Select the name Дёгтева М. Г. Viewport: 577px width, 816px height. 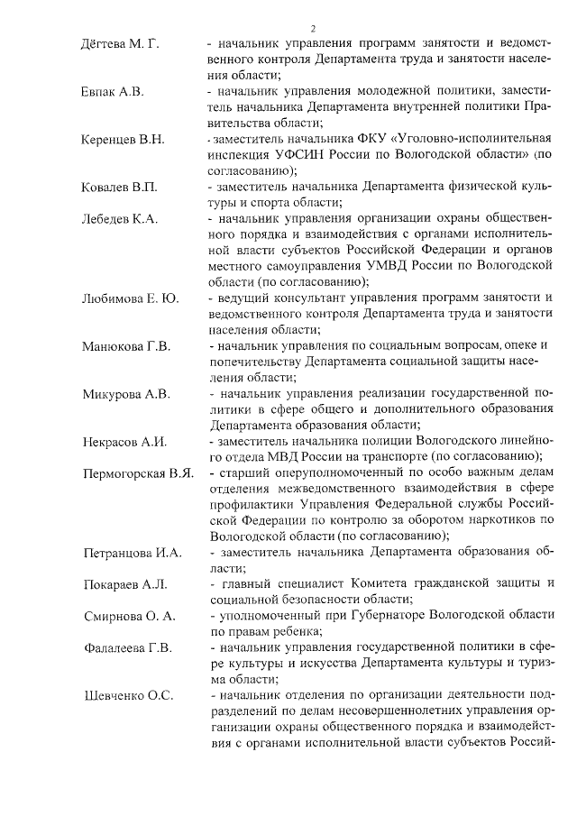coord(120,43)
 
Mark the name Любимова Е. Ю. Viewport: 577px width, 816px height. coord(130,298)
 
